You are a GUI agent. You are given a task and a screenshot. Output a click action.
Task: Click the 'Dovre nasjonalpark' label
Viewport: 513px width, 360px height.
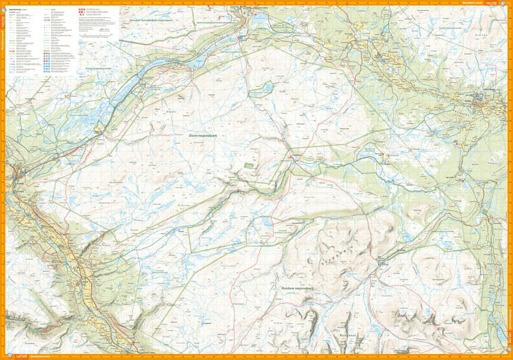202,137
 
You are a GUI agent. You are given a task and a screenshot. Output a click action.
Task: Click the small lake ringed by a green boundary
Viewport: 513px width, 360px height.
262,89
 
